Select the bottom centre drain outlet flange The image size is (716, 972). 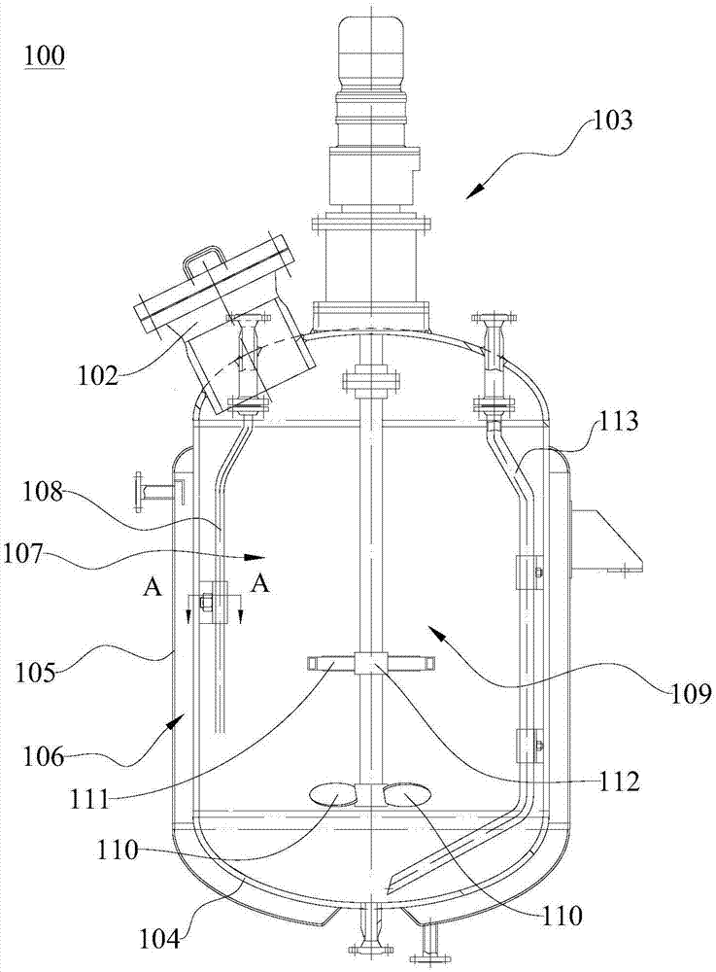[x=369, y=948]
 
